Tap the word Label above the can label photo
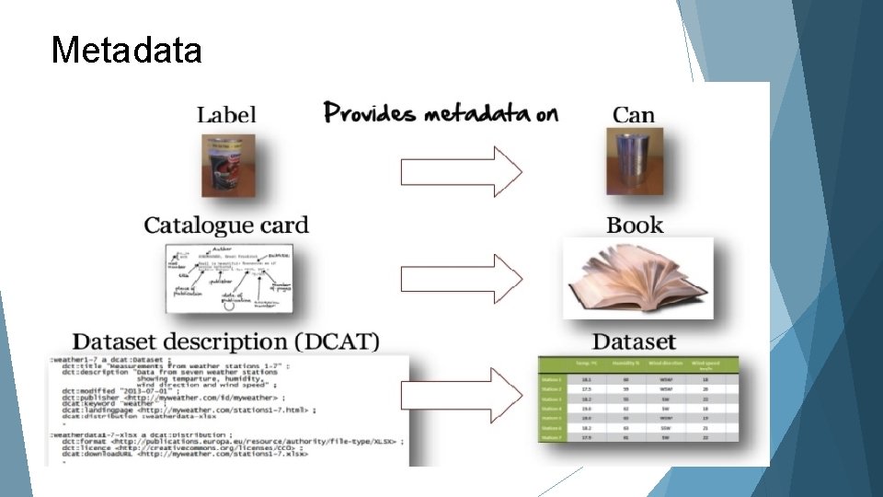[226, 116]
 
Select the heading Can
[634, 115]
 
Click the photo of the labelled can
[228, 167]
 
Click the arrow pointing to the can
[461, 170]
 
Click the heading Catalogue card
[225, 225]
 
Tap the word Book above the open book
[635, 225]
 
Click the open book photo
[637, 277]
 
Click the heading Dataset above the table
[634, 341]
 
